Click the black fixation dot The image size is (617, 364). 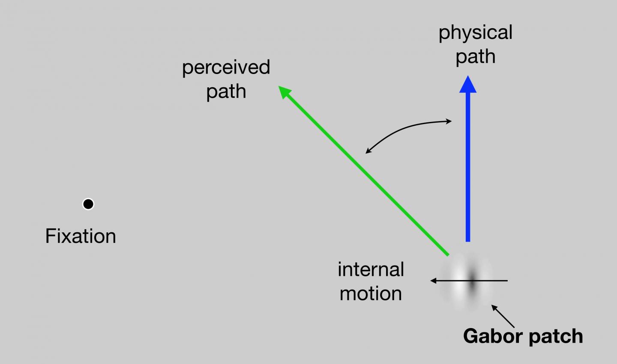pos(88,204)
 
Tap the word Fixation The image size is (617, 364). pos(81,236)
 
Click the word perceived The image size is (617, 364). pos(226,68)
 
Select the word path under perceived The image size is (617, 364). pos(226,92)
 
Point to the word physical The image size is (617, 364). pos(475,33)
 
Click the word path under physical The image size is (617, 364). pos(475,57)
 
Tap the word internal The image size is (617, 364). pos(371,269)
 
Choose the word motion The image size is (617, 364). pos(371,294)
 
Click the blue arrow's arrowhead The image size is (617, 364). pos(468,85)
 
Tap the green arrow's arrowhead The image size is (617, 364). pos(285,92)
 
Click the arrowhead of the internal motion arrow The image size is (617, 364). pos(434,281)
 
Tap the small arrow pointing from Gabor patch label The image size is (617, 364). pos(503,316)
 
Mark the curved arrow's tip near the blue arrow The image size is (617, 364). pos(450,121)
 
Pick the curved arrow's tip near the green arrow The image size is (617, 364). pos(367,152)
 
